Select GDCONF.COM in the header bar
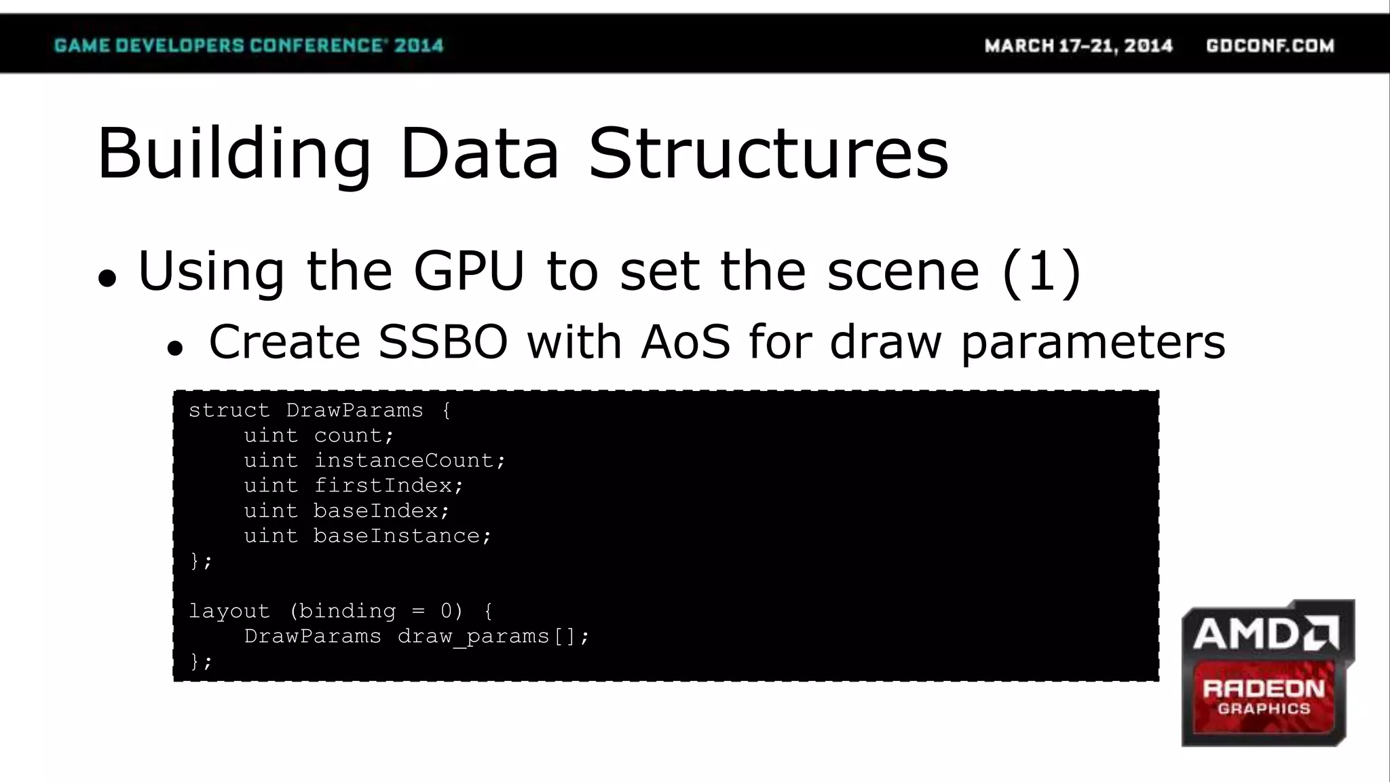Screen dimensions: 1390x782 click(1270, 45)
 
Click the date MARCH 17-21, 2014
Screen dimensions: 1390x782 click(1078, 45)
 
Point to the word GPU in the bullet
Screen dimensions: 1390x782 click(469, 271)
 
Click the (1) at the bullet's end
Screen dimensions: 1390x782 click(1041, 271)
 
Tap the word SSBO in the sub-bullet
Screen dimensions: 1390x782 click(443, 341)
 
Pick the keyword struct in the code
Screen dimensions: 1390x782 click(229, 410)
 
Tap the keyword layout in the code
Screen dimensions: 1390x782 click(229, 611)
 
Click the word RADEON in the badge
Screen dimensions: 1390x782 click(1263, 688)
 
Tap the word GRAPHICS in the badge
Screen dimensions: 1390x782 click(1264, 709)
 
